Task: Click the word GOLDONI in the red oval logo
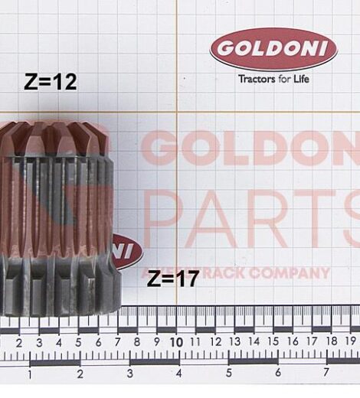tap(273, 50)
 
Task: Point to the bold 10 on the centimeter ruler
tap(176, 342)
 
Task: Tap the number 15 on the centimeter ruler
tap(274, 342)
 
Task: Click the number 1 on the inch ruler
tap(30, 374)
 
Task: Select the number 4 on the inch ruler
tap(178, 374)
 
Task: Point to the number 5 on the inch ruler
tap(228, 374)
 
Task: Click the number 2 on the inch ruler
tap(80, 374)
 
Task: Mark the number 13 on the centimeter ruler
tap(234, 342)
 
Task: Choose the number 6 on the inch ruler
tap(277, 374)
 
